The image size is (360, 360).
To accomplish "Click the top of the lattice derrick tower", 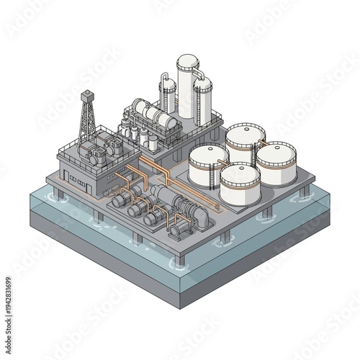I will [x=86, y=94].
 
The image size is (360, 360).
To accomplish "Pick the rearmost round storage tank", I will [x=245, y=140].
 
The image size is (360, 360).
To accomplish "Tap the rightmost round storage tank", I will [x=276, y=162].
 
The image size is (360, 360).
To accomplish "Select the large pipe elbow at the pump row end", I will [x=204, y=217].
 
